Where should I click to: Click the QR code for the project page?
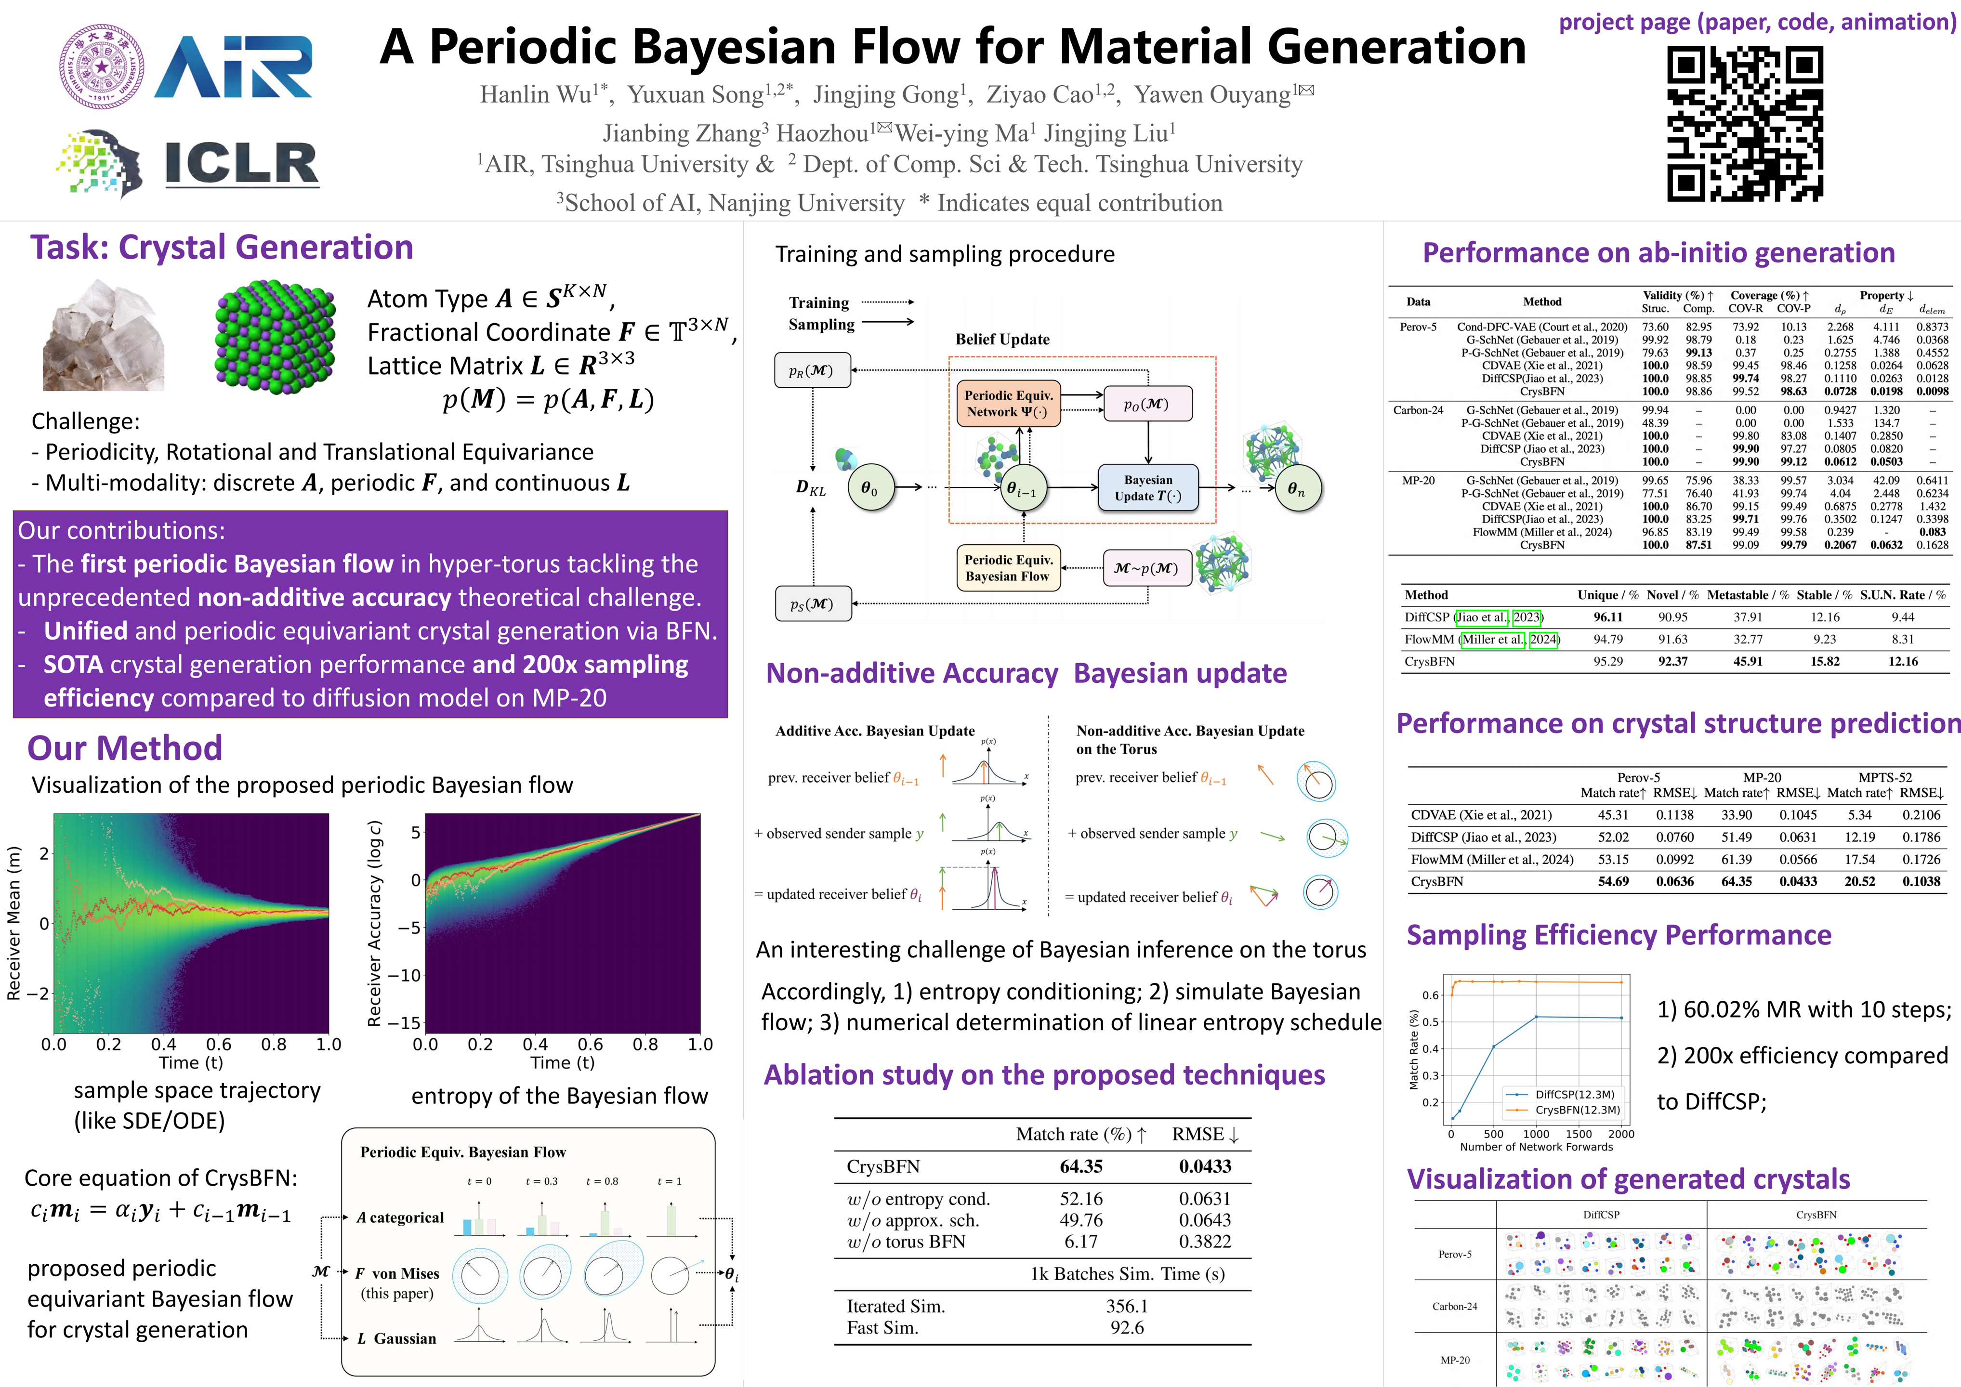1745,124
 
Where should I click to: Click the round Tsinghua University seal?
101,66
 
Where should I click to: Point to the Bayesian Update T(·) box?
1148,488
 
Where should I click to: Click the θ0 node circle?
869,488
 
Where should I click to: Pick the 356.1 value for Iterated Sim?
1127,1306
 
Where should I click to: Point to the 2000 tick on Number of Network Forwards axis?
1620,1134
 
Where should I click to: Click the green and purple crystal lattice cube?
275,336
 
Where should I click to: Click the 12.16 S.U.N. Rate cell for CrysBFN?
1902,662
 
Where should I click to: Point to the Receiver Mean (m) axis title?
13,922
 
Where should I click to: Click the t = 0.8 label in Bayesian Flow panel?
602,1181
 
